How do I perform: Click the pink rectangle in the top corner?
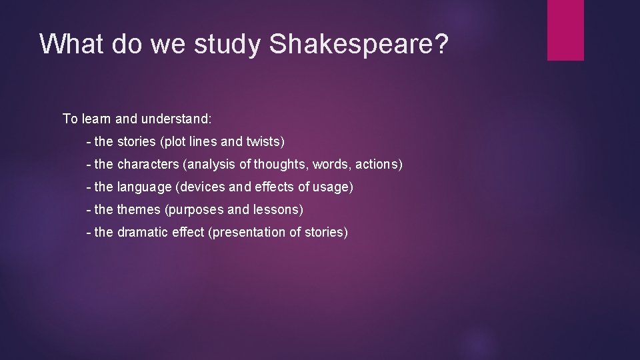[565, 30]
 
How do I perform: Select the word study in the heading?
[227, 44]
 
